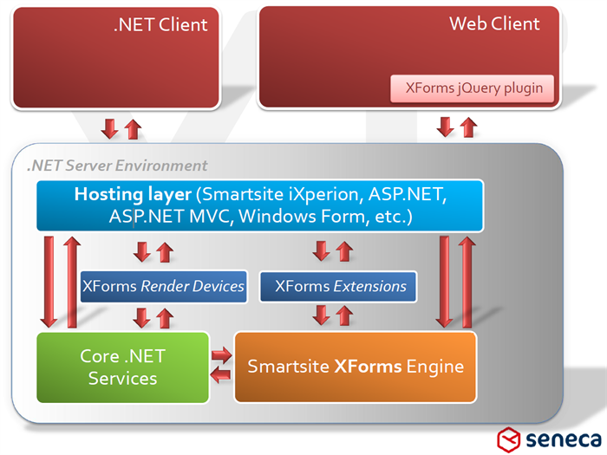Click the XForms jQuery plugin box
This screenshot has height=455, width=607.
click(472, 88)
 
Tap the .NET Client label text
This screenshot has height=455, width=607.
click(160, 25)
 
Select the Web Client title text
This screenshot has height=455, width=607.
click(494, 23)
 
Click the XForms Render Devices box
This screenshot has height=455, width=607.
click(163, 286)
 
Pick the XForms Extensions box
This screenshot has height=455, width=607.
click(338, 286)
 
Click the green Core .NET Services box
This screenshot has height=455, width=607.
click(123, 367)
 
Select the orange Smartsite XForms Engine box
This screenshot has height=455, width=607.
click(356, 367)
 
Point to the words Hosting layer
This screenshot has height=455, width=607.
click(133, 194)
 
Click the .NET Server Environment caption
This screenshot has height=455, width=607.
click(117, 166)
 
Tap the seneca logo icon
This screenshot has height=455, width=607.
click(509, 440)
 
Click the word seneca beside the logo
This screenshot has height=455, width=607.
click(564, 439)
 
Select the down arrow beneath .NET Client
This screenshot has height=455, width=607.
click(109, 129)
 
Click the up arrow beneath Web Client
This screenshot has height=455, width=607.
click(469, 127)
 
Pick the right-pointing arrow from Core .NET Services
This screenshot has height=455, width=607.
click(221, 354)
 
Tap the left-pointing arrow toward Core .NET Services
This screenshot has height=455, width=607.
click(220, 374)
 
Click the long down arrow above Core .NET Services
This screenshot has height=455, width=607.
click(49, 282)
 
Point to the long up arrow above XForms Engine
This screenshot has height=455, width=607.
click(467, 283)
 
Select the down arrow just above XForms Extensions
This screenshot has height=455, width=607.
click(322, 251)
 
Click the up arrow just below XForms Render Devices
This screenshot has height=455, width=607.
click(165, 318)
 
